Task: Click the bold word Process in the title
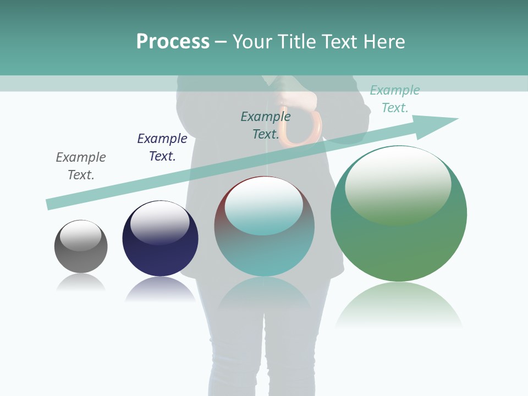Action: pos(173,42)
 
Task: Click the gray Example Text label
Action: pos(81,166)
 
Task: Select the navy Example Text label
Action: pos(162,147)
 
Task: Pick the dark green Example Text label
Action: pos(266,125)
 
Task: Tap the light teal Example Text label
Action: pos(395,99)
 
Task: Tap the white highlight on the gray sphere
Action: pos(80,235)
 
